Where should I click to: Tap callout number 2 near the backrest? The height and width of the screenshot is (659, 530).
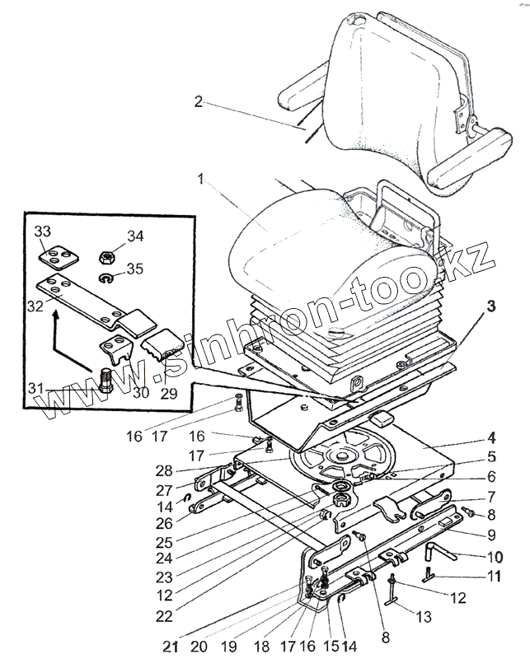tap(199, 103)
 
